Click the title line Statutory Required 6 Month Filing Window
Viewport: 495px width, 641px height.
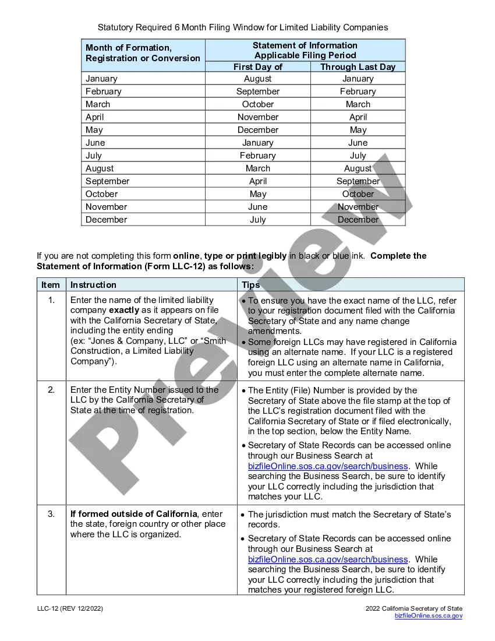tap(242, 27)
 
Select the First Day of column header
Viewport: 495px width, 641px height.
tap(257, 67)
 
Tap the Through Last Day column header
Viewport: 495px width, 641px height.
tap(358, 67)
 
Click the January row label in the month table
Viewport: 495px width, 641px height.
tap(101, 79)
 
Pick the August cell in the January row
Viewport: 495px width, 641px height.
tap(257, 79)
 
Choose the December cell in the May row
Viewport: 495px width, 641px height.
tap(257, 130)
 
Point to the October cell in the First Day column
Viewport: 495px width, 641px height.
tap(257, 104)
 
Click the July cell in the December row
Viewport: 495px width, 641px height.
tap(257, 220)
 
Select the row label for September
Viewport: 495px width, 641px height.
tap(107, 181)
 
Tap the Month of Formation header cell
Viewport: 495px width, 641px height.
tap(143, 53)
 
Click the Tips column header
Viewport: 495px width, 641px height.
tap(250, 285)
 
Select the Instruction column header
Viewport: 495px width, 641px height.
tap(93, 285)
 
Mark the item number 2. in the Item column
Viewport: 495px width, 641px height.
tap(51, 390)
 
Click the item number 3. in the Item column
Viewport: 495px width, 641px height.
tap(51, 514)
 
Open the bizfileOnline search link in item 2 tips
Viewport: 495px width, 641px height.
tap(327, 466)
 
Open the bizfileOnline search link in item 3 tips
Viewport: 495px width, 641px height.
tap(327, 559)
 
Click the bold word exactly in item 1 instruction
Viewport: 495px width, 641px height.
tap(124, 310)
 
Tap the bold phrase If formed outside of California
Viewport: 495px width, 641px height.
tap(133, 514)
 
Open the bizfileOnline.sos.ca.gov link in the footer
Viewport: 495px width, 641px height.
tap(428, 616)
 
